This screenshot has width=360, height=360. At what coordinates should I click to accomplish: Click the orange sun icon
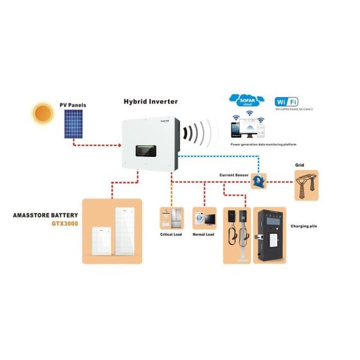click(43, 113)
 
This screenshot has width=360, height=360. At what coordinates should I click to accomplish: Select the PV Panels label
click(73, 106)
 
